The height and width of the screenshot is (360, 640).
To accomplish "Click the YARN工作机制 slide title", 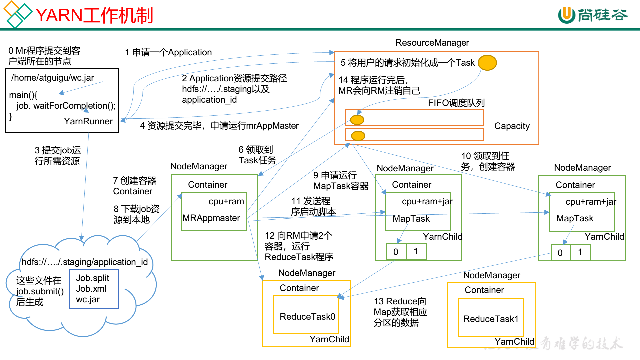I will tap(94, 15).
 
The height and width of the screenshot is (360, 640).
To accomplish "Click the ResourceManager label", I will tap(432, 43).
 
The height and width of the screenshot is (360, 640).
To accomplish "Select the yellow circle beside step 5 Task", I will tap(487, 63).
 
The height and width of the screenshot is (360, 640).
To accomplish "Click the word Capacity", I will tap(512, 126).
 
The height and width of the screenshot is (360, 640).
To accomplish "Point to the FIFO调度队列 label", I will tap(456, 103).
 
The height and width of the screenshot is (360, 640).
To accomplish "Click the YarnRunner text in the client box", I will tap(88, 121).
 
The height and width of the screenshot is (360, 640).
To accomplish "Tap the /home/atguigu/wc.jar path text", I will tap(53, 78).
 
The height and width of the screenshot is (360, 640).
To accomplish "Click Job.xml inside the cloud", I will tap(91, 289).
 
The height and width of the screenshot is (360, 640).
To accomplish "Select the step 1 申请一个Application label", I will tap(168, 52).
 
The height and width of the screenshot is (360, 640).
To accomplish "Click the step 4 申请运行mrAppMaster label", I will tap(219, 126).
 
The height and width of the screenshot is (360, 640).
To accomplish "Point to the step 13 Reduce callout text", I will tap(400, 312).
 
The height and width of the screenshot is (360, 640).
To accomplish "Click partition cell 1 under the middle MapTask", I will tap(416, 252).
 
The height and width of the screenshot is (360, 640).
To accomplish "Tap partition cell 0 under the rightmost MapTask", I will tap(560, 253).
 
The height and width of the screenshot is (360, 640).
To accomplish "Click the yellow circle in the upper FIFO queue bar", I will tap(357, 120).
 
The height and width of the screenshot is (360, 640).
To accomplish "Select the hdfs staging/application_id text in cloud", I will tap(84, 262).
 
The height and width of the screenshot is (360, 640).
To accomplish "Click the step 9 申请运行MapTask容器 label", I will tap(340, 181).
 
